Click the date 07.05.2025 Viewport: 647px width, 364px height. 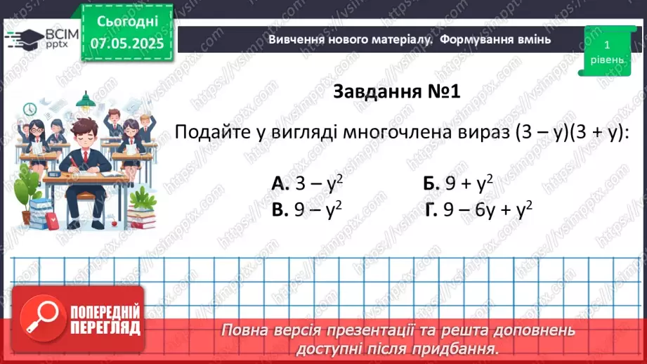126,44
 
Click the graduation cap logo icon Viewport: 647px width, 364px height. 22,39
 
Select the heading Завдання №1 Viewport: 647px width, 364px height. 396,92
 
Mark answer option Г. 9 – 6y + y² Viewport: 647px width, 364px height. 478,209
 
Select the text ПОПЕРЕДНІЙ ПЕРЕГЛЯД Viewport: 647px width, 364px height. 105,320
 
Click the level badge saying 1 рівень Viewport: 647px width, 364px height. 606,51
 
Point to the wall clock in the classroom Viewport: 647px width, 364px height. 30,110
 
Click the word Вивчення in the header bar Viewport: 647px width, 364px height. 295,39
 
